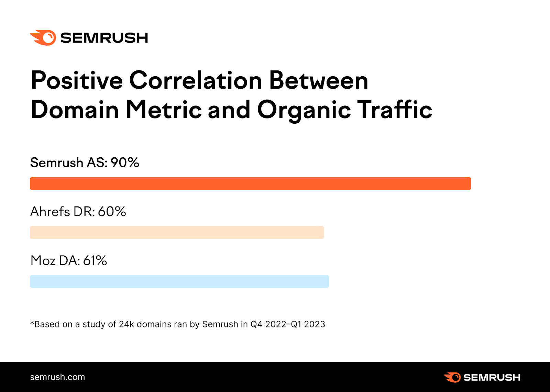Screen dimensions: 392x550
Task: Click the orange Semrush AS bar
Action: click(x=250, y=183)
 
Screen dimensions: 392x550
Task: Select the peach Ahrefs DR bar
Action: click(x=177, y=232)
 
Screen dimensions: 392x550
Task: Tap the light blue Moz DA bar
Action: click(x=179, y=281)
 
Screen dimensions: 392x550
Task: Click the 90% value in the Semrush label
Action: click(x=125, y=163)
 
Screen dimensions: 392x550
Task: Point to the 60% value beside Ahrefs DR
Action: click(x=112, y=212)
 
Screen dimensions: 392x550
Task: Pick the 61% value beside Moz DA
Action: click(x=95, y=261)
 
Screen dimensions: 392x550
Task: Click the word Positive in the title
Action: click(x=77, y=80)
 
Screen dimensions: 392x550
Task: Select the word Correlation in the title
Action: click(x=196, y=80)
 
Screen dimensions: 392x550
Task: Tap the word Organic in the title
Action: click(x=304, y=110)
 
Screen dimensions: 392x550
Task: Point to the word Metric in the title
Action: click(x=164, y=110)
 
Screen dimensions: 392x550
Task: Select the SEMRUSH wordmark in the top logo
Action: click(x=104, y=38)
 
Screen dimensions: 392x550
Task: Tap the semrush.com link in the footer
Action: click(x=57, y=377)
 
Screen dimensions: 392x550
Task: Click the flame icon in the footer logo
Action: click(x=452, y=377)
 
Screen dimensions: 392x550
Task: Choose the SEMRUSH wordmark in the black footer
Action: click(x=492, y=378)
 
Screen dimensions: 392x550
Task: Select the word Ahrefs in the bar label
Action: click(x=50, y=212)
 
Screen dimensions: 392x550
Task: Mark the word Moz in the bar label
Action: click(x=43, y=261)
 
